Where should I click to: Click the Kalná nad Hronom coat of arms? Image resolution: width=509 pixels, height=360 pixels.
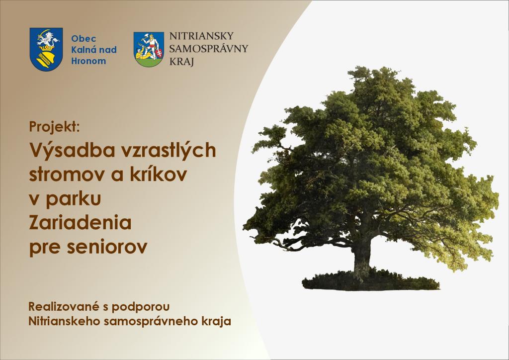(46, 49)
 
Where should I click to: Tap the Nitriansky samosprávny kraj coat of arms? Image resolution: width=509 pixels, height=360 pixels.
(149, 49)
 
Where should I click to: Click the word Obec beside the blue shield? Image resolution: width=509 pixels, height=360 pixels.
(84, 39)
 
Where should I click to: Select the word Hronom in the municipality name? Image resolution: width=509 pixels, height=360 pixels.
(88, 61)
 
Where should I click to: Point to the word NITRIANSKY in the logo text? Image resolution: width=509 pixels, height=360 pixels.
(202, 36)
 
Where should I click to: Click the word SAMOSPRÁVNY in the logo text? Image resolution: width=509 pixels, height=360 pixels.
(208, 48)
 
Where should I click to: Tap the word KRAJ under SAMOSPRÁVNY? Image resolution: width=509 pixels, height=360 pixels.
(181, 61)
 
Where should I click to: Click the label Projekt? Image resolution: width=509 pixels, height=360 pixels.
(54, 127)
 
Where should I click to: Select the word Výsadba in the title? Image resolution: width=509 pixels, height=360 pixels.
(73, 151)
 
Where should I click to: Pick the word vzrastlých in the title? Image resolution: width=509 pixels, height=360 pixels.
(169, 151)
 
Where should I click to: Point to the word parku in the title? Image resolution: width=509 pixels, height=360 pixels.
(74, 198)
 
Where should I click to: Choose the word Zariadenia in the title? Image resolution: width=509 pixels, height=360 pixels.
(80, 222)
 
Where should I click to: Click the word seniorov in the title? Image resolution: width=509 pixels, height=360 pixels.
(107, 247)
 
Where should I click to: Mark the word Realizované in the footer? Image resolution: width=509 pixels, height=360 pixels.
(64, 306)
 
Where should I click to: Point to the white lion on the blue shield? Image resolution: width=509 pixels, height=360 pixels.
(48, 40)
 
